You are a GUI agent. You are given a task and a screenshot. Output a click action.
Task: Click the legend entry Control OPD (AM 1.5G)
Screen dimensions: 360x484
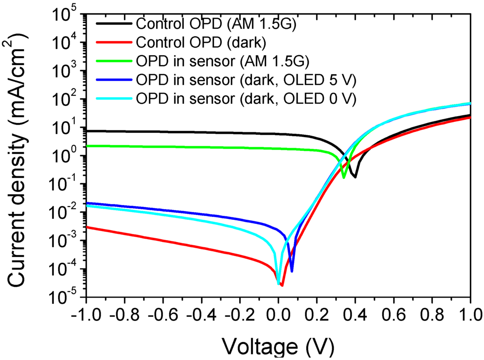[x=216, y=24]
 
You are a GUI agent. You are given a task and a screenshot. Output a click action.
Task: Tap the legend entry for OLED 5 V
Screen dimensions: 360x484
[x=245, y=80]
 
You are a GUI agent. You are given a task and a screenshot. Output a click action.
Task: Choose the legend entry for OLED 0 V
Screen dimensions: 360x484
[x=245, y=99]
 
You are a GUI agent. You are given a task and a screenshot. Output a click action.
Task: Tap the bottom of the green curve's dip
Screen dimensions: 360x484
[x=344, y=178]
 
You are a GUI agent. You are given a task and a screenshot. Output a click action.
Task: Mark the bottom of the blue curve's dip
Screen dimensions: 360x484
[x=292, y=271]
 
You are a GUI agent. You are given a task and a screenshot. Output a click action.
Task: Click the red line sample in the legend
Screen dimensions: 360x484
[x=115, y=43]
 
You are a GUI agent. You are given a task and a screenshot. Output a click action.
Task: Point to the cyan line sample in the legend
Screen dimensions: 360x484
[x=115, y=99]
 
